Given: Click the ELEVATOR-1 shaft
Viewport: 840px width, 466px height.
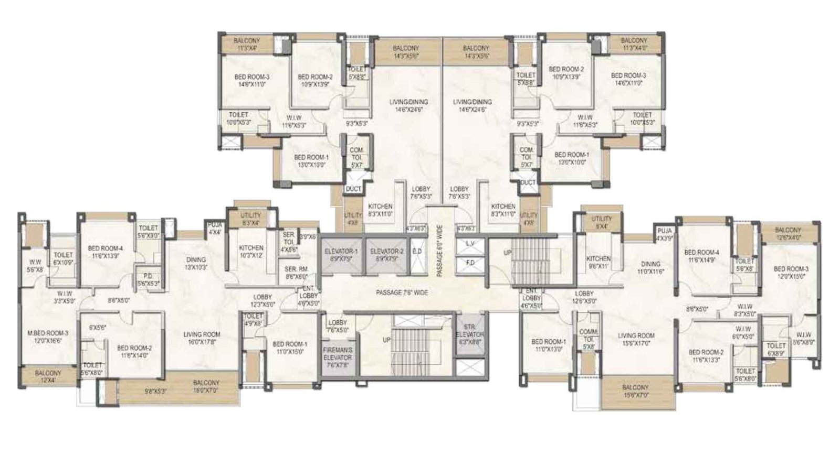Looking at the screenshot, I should (341, 255).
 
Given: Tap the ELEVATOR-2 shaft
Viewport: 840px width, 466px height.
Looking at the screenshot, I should (386, 255).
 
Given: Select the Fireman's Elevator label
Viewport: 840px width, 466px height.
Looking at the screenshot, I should (338, 354).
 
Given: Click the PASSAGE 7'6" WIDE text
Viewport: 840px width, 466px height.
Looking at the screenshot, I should (402, 292).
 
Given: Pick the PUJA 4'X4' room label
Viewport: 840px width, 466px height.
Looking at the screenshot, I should (214, 229).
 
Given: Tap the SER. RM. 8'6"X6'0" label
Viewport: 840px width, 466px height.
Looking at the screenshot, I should (296, 273).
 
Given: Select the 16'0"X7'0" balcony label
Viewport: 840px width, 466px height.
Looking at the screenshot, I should (206, 386).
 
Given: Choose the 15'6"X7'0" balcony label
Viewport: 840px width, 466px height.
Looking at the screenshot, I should (635, 391).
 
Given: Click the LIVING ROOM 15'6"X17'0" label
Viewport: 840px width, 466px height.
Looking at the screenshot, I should (636, 339).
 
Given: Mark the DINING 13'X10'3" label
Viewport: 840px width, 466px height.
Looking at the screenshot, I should (196, 263).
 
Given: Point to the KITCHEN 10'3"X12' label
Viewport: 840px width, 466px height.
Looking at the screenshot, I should (251, 251).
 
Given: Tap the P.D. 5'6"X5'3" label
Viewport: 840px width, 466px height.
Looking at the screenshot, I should (148, 280).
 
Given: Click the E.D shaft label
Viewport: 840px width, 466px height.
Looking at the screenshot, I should (417, 252).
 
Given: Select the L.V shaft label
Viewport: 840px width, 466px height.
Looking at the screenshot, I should (470, 244).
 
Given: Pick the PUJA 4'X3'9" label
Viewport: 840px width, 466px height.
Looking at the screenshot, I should (664, 234).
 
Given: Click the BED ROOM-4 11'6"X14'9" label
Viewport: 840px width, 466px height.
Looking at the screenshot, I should (701, 255).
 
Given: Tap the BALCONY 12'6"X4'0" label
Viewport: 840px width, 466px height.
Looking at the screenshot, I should (787, 233).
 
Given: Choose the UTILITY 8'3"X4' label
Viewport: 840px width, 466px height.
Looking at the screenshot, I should (250, 219).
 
